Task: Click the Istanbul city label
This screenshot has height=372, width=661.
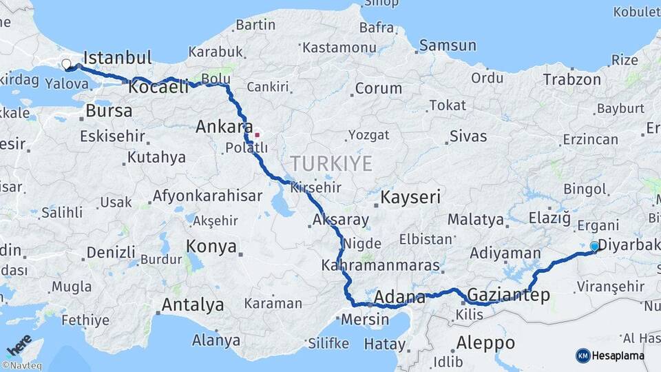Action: point(117,57)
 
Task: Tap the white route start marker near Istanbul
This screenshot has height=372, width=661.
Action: point(66,64)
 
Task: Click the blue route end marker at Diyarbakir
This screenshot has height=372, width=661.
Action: point(594,246)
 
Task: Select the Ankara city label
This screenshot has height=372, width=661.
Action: point(224,127)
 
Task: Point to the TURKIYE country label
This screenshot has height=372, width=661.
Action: point(330,164)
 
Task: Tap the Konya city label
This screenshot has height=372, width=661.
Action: point(211,247)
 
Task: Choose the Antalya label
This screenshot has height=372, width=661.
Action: point(192,304)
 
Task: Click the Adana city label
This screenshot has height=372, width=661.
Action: point(399,298)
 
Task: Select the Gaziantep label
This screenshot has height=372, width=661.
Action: point(508,296)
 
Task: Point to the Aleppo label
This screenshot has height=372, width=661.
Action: point(485,342)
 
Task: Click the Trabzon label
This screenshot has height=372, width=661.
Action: point(571,79)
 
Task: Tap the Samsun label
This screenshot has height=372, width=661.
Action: point(448,45)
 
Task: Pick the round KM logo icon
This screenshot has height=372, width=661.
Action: point(583,355)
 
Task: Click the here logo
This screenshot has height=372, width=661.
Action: point(19,344)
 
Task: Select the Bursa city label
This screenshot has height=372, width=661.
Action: point(109,110)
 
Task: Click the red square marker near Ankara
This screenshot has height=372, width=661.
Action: point(257,134)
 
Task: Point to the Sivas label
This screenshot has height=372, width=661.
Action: point(468,136)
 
